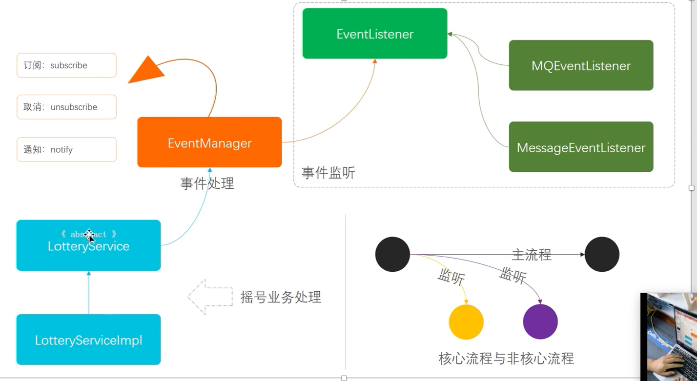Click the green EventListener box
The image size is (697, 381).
point(375,34)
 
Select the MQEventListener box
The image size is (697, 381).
point(581,65)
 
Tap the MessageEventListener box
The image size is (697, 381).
point(581,147)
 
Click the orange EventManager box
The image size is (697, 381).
point(209,142)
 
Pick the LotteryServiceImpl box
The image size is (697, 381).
point(88,340)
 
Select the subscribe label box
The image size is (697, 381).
point(67,65)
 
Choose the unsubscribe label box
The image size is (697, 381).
point(67,107)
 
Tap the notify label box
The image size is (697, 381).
point(67,149)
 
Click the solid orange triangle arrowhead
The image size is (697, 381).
point(147,71)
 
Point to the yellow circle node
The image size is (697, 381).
point(466,322)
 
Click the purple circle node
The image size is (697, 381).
point(540,322)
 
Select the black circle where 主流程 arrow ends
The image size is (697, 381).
point(602,254)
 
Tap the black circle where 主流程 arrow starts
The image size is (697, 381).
point(392,254)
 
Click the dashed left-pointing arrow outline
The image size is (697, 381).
point(210,297)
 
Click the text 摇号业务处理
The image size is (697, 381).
point(281,297)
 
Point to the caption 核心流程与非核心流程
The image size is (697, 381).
point(506,359)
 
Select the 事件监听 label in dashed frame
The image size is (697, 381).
point(328,173)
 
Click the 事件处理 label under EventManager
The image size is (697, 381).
point(207,183)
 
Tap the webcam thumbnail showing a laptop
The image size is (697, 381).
point(669,337)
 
